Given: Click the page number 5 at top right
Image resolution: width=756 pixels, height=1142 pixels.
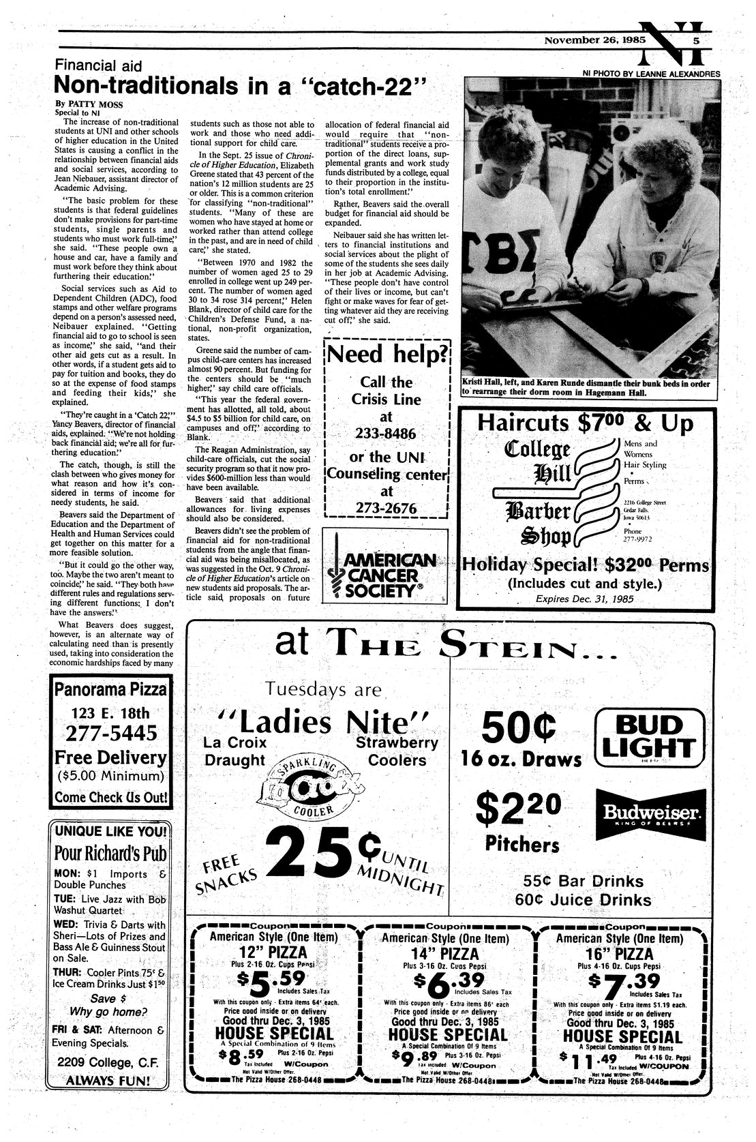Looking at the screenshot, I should (x=696, y=40).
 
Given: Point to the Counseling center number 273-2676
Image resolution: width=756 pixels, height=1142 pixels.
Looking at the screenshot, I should (x=386, y=508).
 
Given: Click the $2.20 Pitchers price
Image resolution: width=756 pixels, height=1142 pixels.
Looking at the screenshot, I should (x=521, y=809).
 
